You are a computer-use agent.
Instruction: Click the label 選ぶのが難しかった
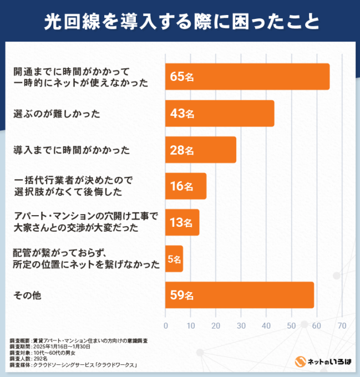[56, 114]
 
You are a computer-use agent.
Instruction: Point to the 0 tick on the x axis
[166, 325]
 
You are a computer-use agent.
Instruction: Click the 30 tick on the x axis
[241, 325]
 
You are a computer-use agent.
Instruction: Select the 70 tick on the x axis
[342, 325]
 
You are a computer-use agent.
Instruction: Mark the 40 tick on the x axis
[266, 325]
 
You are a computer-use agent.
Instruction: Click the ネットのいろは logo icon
[300, 361]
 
